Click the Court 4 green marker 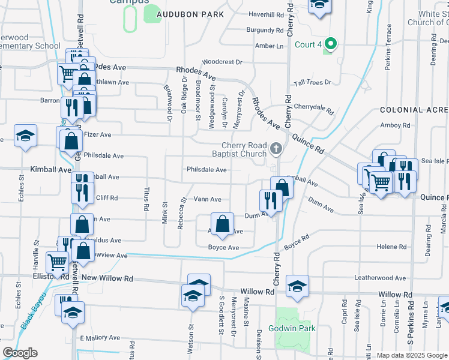tap(329, 44)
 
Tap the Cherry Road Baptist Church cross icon tap(276, 148)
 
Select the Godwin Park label tap(296, 328)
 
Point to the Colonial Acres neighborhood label tap(414, 110)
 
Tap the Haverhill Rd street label tap(267, 14)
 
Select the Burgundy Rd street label tap(265, 30)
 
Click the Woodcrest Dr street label tap(222, 62)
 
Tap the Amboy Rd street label tap(395, 125)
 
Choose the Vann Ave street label tap(208, 199)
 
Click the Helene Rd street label tap(391, 247)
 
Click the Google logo tap(20, 353)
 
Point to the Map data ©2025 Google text tap(412, 356)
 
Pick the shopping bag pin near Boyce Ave tap(222, 224)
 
